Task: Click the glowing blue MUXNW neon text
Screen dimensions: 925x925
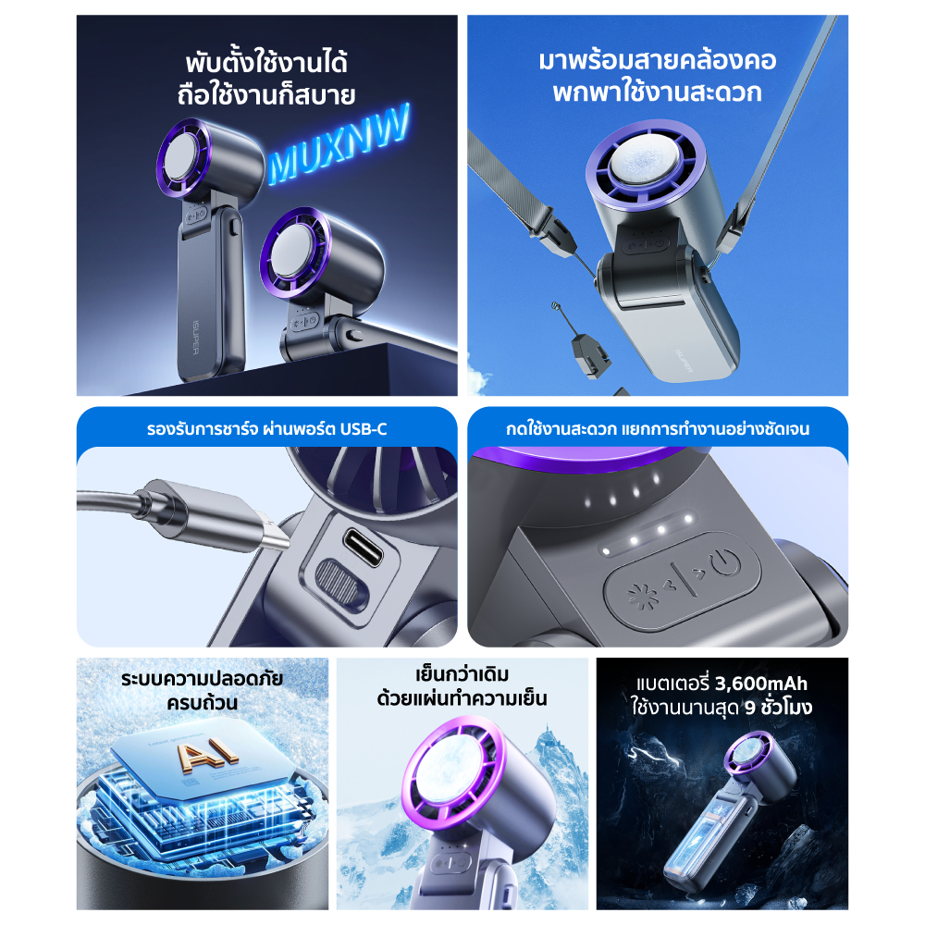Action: (339, 144)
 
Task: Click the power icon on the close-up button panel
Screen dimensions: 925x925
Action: (725, 562)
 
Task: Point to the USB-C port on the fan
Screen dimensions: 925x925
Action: (363, 547)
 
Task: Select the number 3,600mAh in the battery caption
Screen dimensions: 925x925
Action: (761, 684)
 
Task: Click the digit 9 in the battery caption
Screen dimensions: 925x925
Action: (750, 708)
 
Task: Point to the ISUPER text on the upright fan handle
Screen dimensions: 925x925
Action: (196, 338)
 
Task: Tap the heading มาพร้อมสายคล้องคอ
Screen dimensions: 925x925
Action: (657, 60)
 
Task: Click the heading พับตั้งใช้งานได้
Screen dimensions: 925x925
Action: (266, 63)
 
